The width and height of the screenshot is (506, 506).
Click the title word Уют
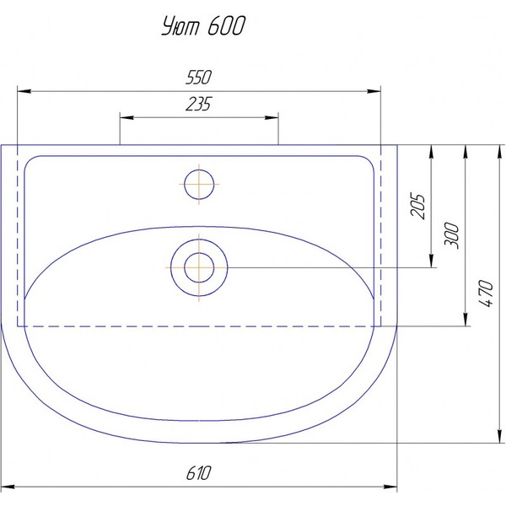point(180,26)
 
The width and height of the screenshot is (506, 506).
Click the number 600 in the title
point(226,25)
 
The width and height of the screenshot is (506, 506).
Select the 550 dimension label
point(199,77)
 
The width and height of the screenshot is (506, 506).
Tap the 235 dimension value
point(199,104)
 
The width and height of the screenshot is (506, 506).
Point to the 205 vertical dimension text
point(417,206)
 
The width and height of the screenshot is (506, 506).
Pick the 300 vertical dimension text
point(451,235)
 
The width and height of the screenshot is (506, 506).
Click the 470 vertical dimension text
point(486,293)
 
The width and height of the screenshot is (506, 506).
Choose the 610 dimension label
point(199,473)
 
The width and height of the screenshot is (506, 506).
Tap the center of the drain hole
point(199,267)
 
